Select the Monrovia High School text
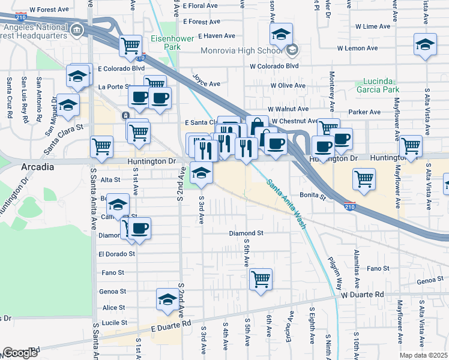point(241,50)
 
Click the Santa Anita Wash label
point(286,204)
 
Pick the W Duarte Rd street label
point(362,295)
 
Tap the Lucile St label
point(113,322)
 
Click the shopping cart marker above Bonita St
point(364,178)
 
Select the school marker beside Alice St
point(167,299)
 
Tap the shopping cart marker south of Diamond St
point(261,278)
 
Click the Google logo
point(20,353)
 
